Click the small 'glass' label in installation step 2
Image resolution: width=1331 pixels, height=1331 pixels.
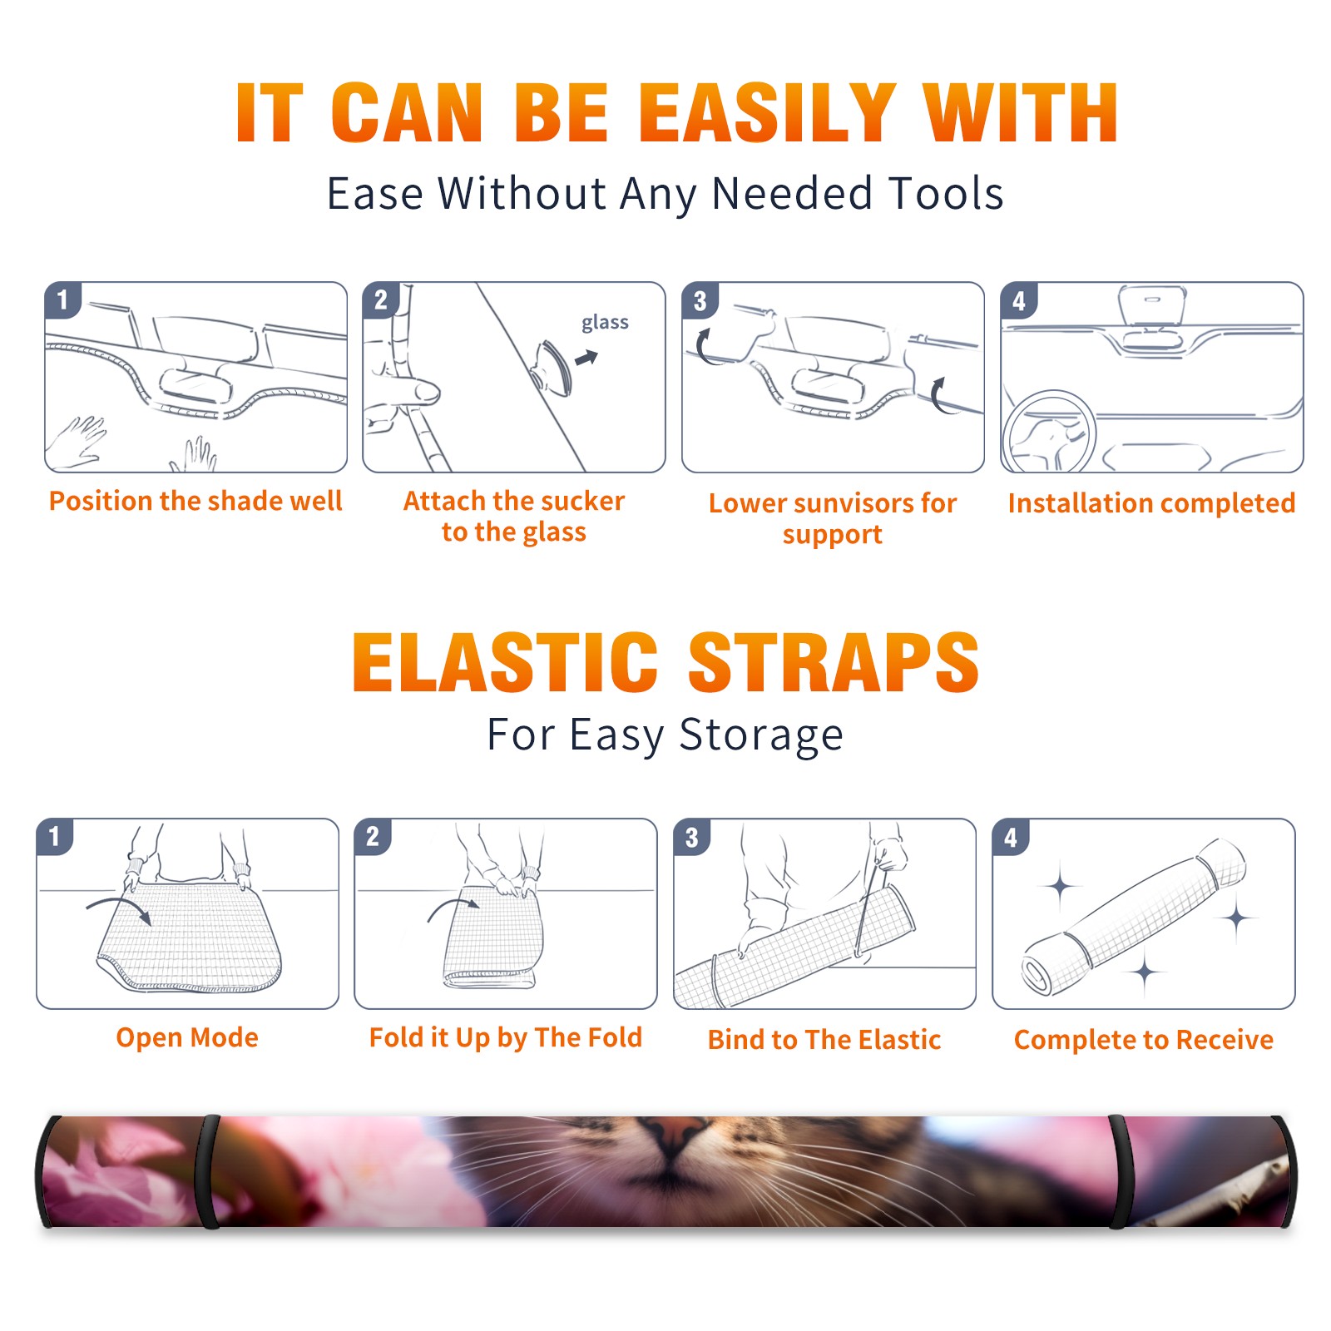coord(605,323)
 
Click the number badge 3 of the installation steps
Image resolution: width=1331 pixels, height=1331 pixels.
coord(700,300)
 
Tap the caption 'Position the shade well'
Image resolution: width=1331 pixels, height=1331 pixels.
coord(195,501)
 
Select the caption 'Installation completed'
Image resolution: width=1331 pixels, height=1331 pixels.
coord(1151,503)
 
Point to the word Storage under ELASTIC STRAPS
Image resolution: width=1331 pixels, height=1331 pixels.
coord(761,736)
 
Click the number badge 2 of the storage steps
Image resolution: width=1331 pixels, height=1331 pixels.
coord(373,836)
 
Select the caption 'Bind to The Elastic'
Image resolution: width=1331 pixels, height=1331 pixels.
coord(824,1039)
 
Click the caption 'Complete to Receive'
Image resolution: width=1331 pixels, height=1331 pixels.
coord(1144,1039)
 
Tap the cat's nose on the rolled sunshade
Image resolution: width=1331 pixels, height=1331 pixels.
coord(674,1131)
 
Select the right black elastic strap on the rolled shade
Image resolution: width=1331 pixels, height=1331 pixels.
coord(1117,1171)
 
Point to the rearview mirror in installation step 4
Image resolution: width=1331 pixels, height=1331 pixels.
coord(1152,307)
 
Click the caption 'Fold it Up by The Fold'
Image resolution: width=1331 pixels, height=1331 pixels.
coord(506,1037)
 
